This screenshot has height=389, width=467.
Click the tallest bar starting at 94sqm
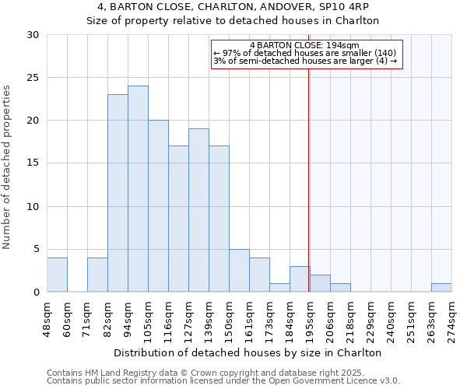point(138,189)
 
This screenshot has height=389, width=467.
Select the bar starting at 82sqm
point(118,193)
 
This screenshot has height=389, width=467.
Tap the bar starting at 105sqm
point(158,206)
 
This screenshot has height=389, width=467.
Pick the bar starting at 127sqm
point(198,210)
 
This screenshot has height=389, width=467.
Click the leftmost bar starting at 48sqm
point(57,275)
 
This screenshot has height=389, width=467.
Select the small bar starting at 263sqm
point(441,288)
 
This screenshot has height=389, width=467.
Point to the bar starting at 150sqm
point(239,271)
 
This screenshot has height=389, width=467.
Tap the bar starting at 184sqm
point(300,279)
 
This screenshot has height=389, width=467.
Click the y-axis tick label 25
point(33,78)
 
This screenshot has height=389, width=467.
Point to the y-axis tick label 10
point(33,207)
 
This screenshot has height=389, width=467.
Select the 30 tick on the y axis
point(33,35)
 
